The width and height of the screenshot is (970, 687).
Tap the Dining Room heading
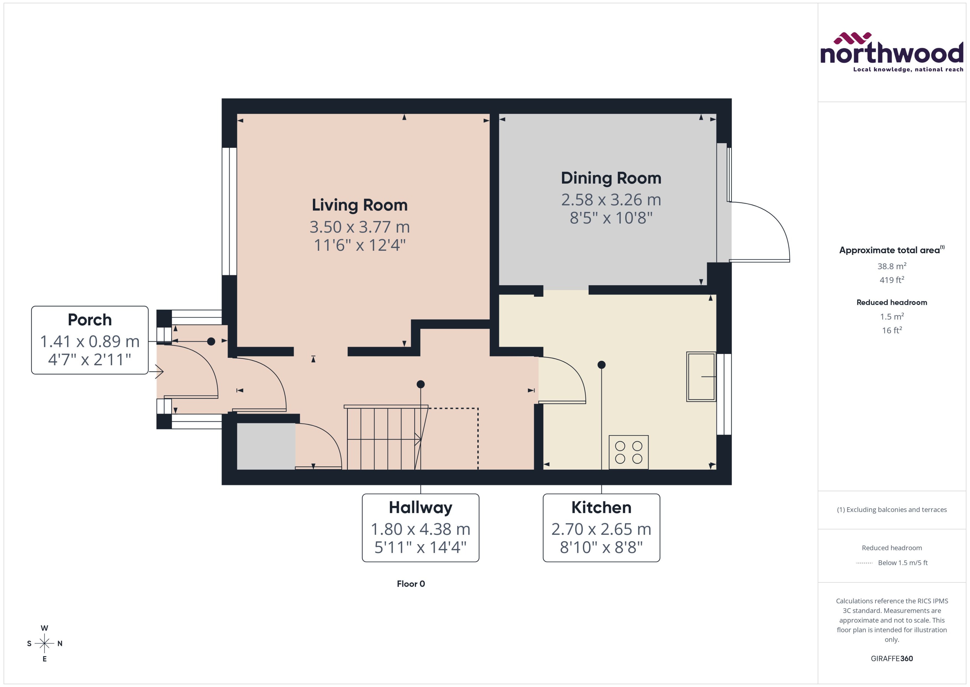click(611, 178)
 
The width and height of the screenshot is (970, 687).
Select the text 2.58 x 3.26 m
click(611, 200)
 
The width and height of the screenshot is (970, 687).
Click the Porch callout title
click(90, 320)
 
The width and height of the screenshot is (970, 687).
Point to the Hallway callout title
click(420, 507)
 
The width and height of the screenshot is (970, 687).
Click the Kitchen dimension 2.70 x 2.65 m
click(601, 529)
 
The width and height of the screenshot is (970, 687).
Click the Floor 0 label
click(410, 584)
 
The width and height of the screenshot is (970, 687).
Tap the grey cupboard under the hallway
click(266, 446)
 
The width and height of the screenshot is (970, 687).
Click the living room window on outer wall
click(229, 212)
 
